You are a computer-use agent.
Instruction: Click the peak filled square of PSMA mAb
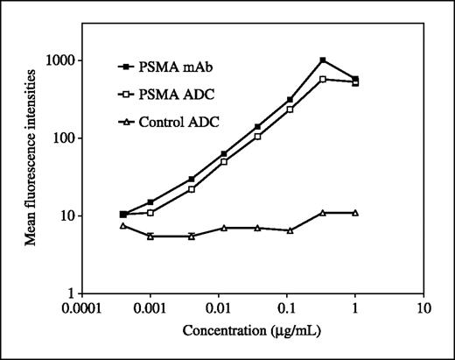pyautogui.click(x=323, y=60)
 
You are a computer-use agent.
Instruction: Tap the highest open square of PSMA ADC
pyautogui.click(x=323, y=79)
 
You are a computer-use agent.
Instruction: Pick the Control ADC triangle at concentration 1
pyautogui.click(x=354, y=213)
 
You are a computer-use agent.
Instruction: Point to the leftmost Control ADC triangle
pyautogui.click(x=122, y=226)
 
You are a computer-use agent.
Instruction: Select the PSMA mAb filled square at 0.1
pyautogui.click(x=290, y=100)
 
